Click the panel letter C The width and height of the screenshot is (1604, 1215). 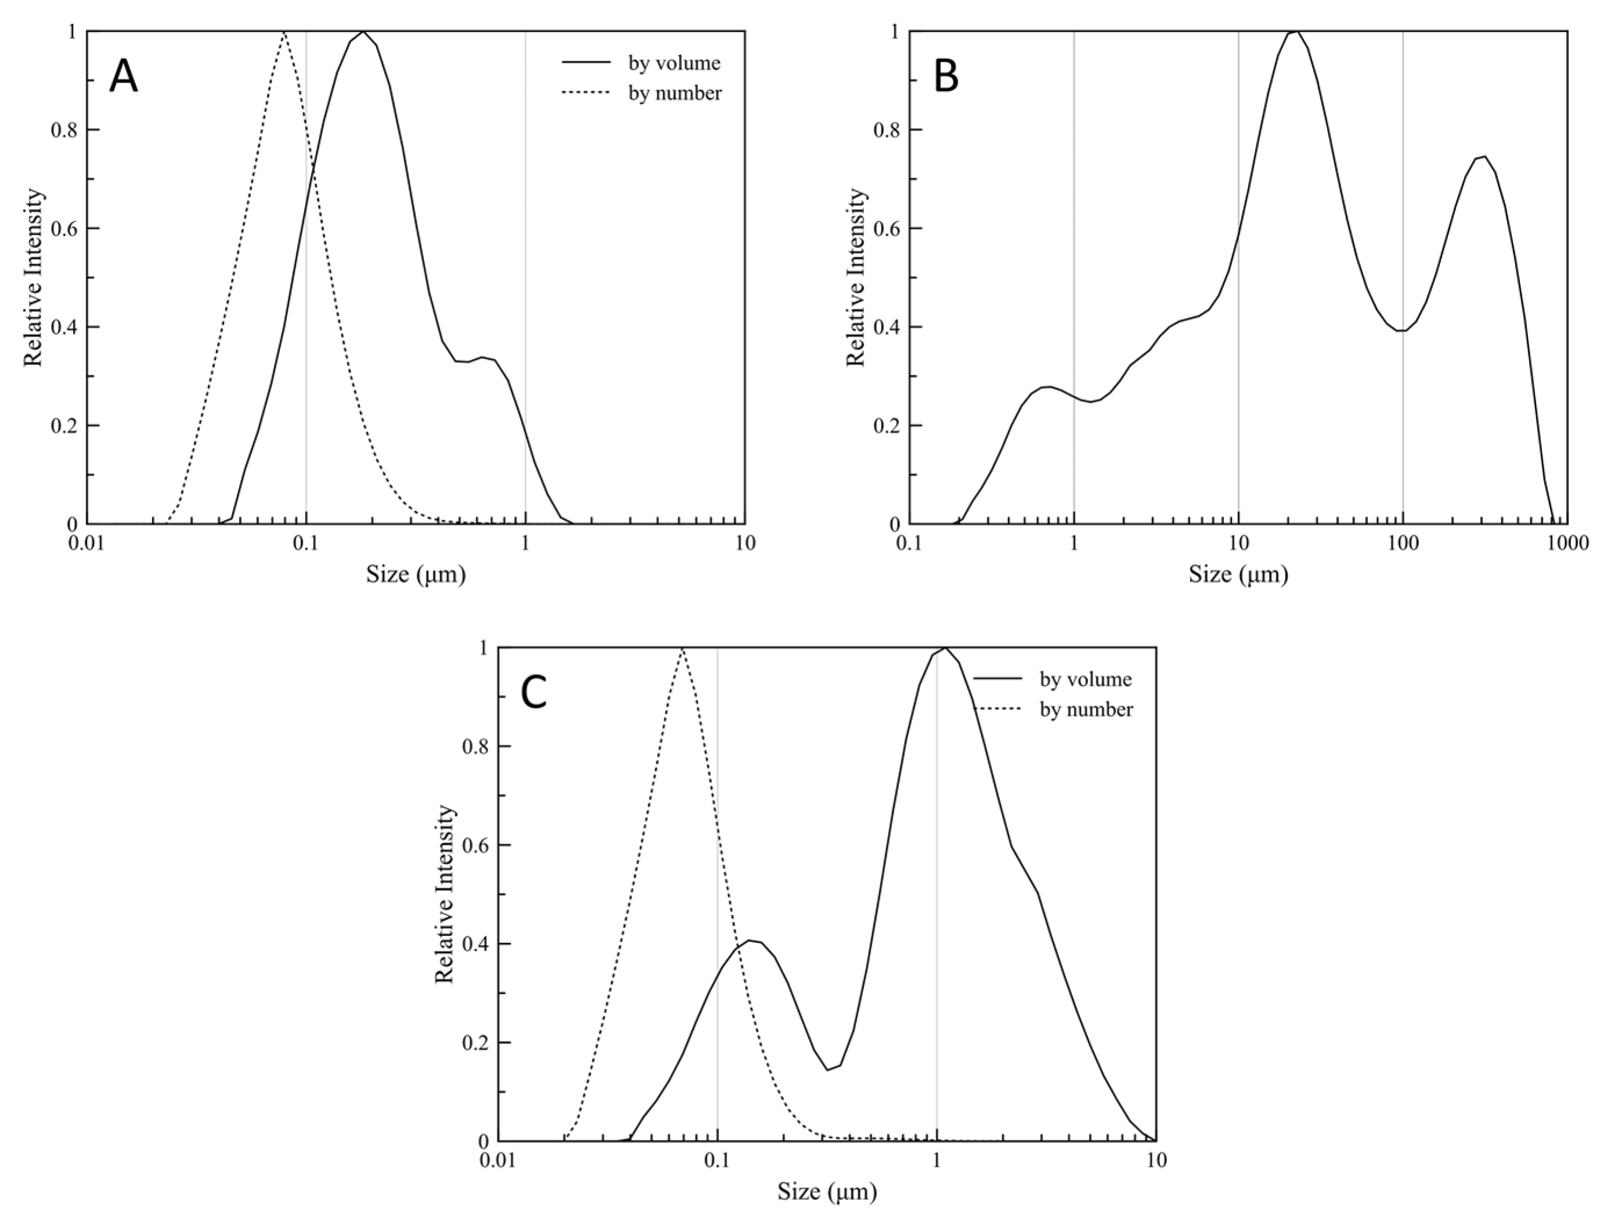534,694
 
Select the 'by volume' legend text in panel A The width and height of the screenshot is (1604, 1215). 674,63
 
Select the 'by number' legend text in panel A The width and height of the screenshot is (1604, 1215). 674,93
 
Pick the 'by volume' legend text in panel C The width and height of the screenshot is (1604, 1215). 1086,679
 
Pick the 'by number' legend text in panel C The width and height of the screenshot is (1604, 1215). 1086,710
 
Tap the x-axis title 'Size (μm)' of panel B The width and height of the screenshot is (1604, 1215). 1238,575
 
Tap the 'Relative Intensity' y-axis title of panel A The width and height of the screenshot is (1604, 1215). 34,278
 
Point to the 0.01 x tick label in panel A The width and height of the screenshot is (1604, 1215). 86,544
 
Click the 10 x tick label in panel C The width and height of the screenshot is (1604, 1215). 1157,1160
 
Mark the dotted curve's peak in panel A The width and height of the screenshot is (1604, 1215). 284,32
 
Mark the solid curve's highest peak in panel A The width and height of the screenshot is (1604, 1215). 363,32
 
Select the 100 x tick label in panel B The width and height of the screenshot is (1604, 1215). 1403,544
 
